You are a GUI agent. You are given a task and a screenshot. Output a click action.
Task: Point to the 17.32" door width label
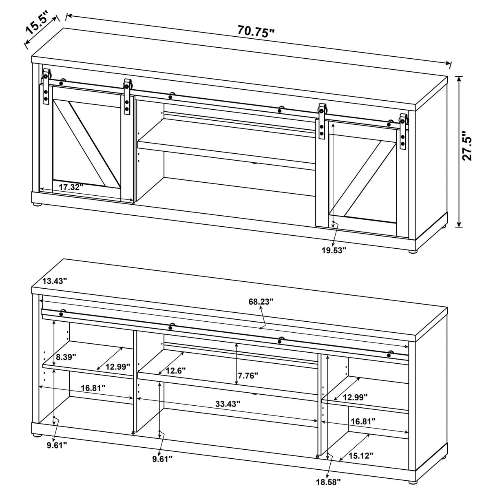(71, 187)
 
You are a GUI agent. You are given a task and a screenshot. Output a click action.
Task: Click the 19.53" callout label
(334, 250)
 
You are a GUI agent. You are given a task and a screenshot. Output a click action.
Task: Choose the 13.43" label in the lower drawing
(55, 281)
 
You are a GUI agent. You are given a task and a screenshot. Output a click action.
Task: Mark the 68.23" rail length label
(261, 301)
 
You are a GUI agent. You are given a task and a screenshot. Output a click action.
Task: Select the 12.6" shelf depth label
(175, 371)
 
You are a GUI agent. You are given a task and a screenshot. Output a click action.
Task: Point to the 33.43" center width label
(228, 404)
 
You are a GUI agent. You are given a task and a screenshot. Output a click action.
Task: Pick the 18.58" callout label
(327, 482)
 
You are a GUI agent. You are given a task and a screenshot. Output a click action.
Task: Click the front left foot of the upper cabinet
(38, 206)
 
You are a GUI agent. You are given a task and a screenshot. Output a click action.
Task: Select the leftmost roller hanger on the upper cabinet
(46, 87)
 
